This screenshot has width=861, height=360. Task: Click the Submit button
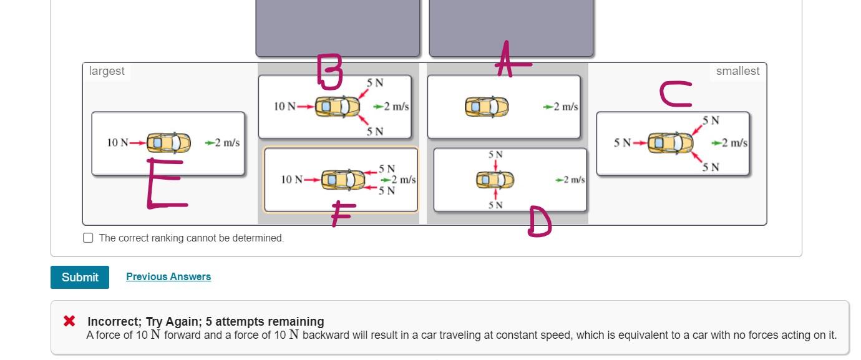80,277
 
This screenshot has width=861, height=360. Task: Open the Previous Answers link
168,276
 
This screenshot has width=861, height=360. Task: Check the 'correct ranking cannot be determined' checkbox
88,238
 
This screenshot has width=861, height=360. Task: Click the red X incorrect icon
69,321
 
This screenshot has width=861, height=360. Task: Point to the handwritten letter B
329,71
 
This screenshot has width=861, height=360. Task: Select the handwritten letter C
676,95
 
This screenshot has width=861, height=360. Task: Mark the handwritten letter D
539,223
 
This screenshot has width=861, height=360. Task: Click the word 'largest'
107,71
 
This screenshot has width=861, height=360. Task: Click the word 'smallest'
737,71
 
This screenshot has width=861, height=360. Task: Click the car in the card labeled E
168,143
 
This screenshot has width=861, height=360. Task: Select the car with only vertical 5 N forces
495,180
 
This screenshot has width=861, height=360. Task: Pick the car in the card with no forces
487,107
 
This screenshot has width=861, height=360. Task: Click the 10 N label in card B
285,107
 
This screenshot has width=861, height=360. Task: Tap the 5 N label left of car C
623,143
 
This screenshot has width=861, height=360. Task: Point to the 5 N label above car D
495,154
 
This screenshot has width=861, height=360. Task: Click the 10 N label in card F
291,180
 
